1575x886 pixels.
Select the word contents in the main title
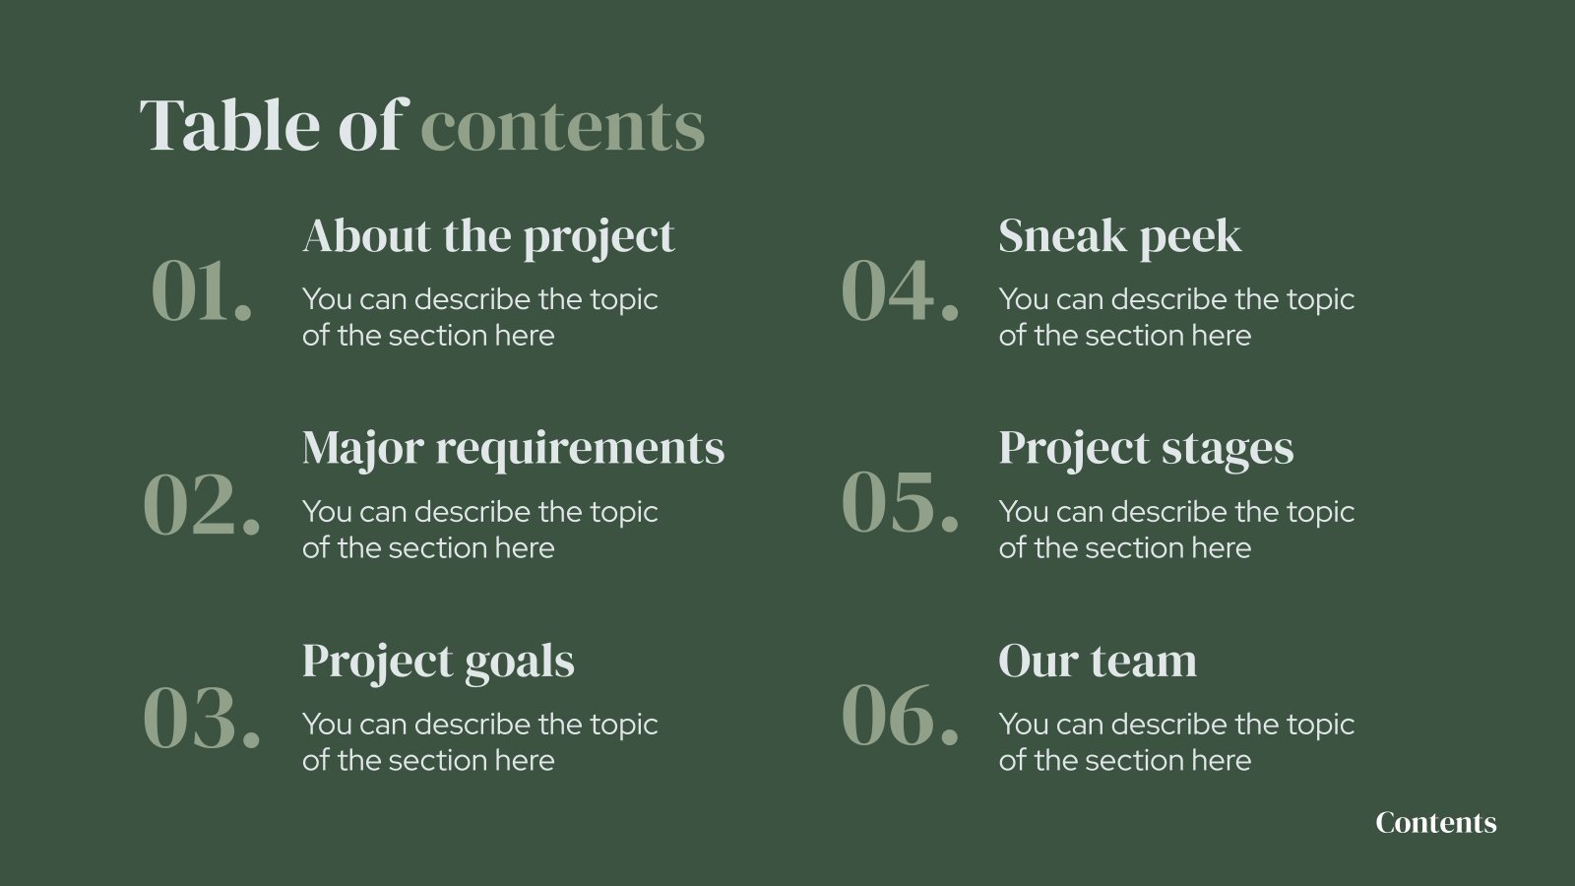point(563,127)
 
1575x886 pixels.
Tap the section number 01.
point(202,291)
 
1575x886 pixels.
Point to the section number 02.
point(202,504)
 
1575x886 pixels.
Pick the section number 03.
point(202,717)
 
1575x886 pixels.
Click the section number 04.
point(900,291)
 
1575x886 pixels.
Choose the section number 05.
point(900,504)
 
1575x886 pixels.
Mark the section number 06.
point(900,717)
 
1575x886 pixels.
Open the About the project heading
point(488,236)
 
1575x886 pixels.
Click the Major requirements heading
point(513,448)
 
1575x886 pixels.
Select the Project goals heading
point(438,661)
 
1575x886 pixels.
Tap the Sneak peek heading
point(1119,236)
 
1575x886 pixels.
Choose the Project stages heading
point(1146,448)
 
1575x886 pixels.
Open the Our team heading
point(1098,661)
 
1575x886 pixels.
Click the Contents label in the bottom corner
point(1435,823)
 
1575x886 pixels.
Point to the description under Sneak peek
point(1175,317)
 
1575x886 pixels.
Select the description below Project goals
point(479,742)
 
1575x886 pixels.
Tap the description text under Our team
point(1175,742)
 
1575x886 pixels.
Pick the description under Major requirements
point(479,530)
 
